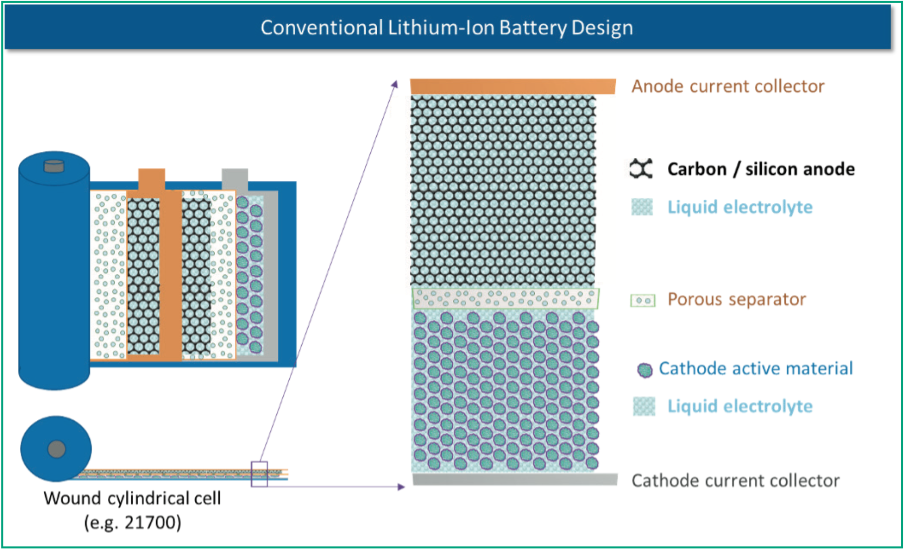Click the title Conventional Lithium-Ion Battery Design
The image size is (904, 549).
446,28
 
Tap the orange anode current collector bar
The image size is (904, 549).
512,86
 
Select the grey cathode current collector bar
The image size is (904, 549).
515,479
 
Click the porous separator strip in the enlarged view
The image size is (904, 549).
505,299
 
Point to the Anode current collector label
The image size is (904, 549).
728,86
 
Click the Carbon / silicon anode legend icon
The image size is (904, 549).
641,169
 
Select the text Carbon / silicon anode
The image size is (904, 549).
761,169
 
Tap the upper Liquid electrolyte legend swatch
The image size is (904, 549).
642,207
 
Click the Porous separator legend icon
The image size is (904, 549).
643,301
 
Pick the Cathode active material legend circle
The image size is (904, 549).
645,370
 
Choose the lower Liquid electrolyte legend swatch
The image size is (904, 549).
644,406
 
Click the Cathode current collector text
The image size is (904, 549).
735,481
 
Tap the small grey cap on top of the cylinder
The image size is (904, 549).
54,165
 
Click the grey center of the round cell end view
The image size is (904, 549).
57,449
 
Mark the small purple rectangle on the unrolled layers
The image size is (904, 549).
259,474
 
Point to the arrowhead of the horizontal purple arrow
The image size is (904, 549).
402,487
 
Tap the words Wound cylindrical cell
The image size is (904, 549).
132,498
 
